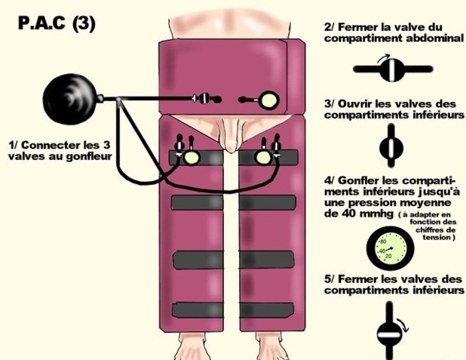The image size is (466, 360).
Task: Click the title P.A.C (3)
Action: coord(57,23)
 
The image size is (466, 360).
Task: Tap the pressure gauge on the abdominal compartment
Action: coord(269,100)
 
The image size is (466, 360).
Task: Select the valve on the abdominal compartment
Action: coord(204,98)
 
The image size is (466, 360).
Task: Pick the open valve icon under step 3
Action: coord(391,146)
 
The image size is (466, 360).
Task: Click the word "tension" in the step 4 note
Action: coord(438,238)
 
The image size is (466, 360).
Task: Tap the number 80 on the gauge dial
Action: coord(383,242)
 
